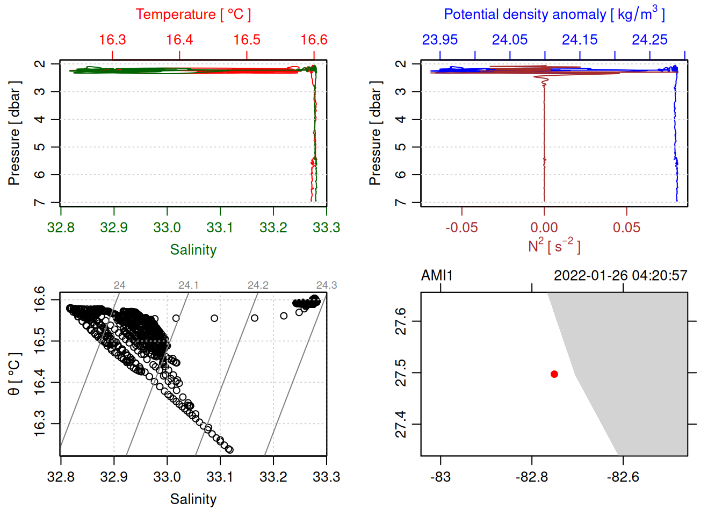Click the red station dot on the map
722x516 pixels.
[x=554, y=374]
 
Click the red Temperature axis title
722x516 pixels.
[x=193, y=15]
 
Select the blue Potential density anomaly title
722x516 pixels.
[x=554, y=15]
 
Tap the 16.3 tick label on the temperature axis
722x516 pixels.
[x=112, y=40]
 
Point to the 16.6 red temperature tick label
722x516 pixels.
[x=314, y=40]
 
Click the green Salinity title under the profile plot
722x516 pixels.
[x=193, y=250]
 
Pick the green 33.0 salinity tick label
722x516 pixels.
[x=167, y=228]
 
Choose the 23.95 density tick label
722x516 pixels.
[x=440, y=40]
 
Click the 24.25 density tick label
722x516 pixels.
[x=649, y=40]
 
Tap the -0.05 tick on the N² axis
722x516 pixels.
[x=461, y=228]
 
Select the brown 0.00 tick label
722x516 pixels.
[x=544, y=228]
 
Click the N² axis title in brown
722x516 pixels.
[x=554, y=246]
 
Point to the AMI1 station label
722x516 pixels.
[x=437, y=276]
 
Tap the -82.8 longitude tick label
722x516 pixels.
[x=532, y=477]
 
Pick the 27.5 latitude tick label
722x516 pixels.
[x=401, y=373]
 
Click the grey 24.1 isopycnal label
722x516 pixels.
[x=189, y=285]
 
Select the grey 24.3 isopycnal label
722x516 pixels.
[x=327, y=285]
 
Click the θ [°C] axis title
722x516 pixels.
[x=15, y=374]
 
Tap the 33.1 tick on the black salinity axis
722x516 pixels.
[x=220, y=477]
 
